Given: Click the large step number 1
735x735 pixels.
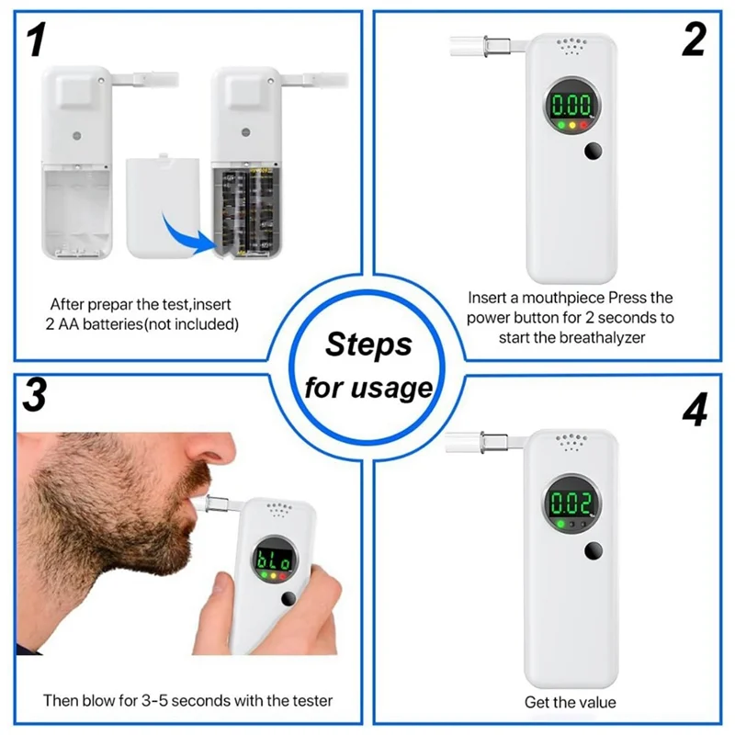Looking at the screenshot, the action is pyautogui.click(x=37, y=40).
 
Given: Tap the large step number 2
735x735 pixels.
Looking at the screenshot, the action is pyautogui.click(x=694, y=40).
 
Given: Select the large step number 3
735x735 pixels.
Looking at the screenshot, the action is pyautogui.click(x=35, y=395).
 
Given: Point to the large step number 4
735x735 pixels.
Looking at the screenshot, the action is pyautogui.click(x=695, y=410).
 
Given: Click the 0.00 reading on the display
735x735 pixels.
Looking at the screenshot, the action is pyautogui.click(x=571, y=104).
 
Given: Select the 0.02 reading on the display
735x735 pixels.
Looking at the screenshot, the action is pyautogui.click(x=571, y=503).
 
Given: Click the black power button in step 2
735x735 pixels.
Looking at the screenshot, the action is pyautogui.click(x=593, y=151).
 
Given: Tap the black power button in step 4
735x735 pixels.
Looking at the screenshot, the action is pyautogui.click(x=594, y=550).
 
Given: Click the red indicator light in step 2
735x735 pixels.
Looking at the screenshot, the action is pyautogui.click(x=583, y=125).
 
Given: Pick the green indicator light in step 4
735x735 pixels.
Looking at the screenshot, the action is pyautogui.click(x=560, y=524).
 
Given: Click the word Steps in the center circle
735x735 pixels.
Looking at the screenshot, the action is pyautogui.click(x=368, y=345).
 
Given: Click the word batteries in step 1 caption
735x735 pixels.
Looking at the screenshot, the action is pyautogui.click(x=112, y=324).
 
